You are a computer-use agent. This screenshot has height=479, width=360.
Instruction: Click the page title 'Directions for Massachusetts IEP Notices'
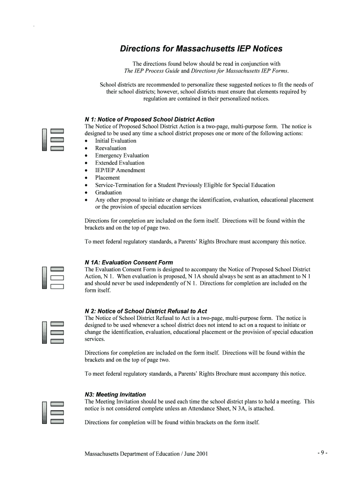pyautogui.click(x=202, y=49)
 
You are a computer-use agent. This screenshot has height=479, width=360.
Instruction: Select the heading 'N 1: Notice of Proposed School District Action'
pyautogui.click(x=149, y=119)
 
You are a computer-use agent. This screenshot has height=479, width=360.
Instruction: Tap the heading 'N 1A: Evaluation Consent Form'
pyautogui.click(x=129, y=262)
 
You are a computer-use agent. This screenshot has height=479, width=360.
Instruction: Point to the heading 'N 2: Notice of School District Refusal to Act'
pyautogui.click(x=145, y=311)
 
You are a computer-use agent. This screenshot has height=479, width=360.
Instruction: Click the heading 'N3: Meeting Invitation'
pyautogui.click(x=115, y=394)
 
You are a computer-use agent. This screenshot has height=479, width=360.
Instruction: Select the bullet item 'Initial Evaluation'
pyautogui.click(x=115, y=141)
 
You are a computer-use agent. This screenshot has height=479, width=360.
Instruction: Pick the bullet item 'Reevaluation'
pyautogui.click(x=110, y=148)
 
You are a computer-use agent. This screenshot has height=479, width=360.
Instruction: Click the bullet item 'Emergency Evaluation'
pyautogui.click(x=122, y=156)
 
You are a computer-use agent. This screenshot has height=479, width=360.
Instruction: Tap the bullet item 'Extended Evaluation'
pyautogui.click(x=120, y=163)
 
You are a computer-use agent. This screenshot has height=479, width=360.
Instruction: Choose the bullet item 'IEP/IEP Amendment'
pyautogui.click(x=120, y=170)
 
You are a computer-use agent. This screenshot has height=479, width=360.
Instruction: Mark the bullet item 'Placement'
pyautogui.click(x=107, y=178)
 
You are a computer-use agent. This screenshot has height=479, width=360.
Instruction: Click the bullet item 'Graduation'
pyautogui.click(x=108, y=193)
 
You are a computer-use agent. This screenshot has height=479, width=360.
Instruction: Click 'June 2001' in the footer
pyautogui.click(x=196, y=454)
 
